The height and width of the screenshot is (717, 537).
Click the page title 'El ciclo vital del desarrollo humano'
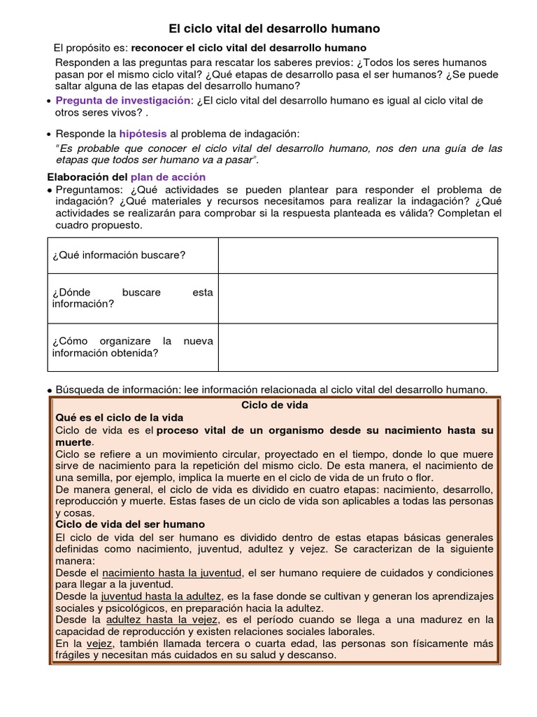click(x=275, y=29)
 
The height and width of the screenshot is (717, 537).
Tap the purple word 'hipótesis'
click(x=143, y=133)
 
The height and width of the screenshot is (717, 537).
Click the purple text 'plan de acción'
click(x=168, y=177)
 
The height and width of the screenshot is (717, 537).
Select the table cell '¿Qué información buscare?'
click(x=119, y=254)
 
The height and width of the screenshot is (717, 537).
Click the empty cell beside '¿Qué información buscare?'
click(x=357, y=254)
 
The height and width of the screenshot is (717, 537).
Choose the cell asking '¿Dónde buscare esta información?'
click(x=133, y=298)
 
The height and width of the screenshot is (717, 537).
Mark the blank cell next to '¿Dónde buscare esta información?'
click(x=357, y=298)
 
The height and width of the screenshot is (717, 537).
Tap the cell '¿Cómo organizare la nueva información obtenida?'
click(x=133, y=347)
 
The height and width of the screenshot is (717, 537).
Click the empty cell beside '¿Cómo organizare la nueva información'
click(x=357, y=347)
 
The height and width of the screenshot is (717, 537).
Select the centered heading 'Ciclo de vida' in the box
click(x=274, y=405)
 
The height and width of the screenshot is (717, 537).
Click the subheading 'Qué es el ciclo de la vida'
click(x=118, y=417)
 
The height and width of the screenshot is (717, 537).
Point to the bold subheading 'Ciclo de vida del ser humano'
click(x=130, y=524)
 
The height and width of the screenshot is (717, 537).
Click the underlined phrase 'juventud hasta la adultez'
click(x=162, y=596)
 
